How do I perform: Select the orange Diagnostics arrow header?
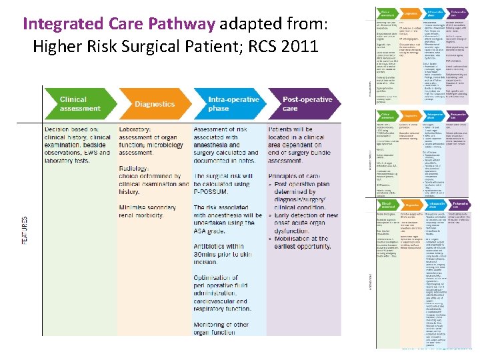tap(155, 104)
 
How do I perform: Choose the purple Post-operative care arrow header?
tap(303, 104)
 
